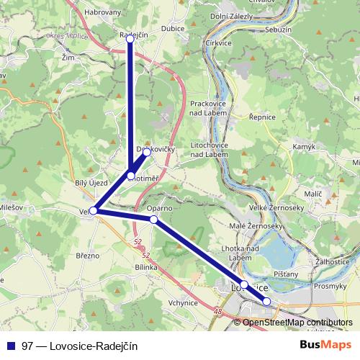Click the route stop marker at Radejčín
point(130,39)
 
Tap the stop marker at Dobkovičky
point(146,152)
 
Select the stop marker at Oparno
point(154,218)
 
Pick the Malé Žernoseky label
point(248,226)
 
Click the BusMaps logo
point(326,346)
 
